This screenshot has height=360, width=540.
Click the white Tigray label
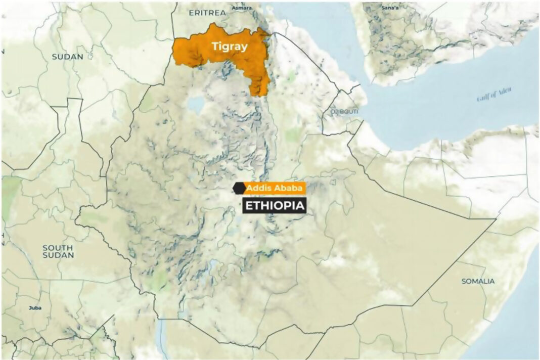pos(230,47)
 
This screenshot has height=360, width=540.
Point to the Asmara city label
pos(242,8)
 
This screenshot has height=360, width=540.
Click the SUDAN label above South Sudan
pos(67,57)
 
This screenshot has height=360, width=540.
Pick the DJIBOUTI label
pos(344,111)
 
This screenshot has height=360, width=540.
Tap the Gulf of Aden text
pos(494,95)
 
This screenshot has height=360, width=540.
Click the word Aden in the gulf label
pos(503,92)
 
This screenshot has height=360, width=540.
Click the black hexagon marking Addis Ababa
pos(238,189)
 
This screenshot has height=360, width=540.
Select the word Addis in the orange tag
pos(256,189)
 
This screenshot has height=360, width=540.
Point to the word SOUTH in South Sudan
pos(58,248)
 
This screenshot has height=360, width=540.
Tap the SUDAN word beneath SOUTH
pos(58,255)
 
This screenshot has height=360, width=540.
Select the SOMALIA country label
pos(478,281)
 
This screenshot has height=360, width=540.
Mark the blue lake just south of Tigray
pos(195,105)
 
